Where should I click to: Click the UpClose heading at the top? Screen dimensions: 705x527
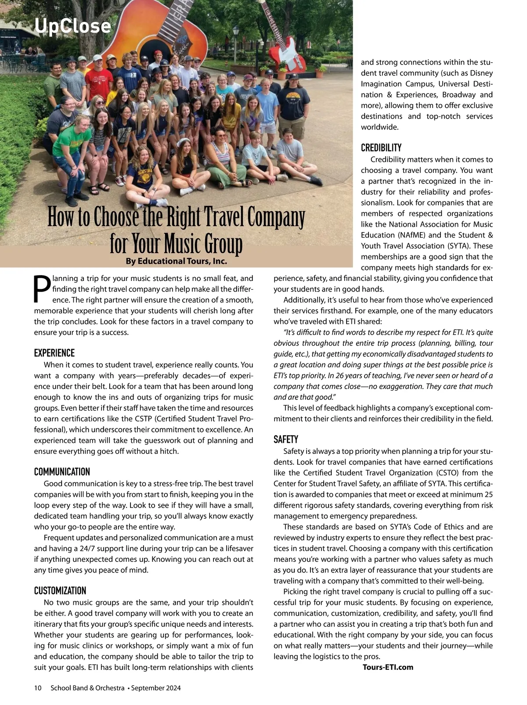(72, 26)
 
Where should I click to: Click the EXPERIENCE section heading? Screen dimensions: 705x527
(54, 353)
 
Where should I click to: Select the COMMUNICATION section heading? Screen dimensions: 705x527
(62, 472)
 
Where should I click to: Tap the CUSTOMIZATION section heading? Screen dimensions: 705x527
(60, 590)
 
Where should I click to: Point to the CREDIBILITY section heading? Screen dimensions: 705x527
(381, 148)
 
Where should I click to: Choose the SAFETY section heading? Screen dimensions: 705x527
(286, 439)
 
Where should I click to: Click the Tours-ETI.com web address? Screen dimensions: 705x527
(388, 667)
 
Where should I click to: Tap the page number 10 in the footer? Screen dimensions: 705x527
(38, 688)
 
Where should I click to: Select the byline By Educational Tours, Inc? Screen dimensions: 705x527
(176, 261)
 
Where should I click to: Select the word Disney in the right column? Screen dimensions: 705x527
(481, 73)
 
